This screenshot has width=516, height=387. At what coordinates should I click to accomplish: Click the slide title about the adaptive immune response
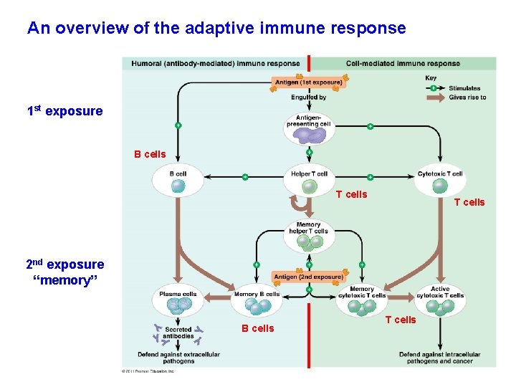[x=216, y=29]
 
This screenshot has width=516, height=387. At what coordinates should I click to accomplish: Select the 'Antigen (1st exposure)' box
[x=309, y=82]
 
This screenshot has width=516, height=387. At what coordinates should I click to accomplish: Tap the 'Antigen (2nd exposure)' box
[x=308, y=277]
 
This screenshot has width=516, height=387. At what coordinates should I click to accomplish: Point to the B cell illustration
[x=178, y=186]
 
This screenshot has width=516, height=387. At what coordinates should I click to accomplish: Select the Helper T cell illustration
[x=309, y=186]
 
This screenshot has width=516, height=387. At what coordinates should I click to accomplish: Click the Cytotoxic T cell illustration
[x=440, y=186]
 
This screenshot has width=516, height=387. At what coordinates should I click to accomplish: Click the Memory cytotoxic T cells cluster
[x=362, y=307]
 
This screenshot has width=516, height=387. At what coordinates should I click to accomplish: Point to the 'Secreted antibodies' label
[x=178, y=333]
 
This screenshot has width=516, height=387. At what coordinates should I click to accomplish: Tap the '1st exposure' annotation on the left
[x=64, y=112]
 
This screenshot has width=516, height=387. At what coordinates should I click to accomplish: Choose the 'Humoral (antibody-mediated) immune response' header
[x=215, y=64]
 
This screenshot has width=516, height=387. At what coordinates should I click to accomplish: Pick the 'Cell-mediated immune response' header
[x=403, y=64]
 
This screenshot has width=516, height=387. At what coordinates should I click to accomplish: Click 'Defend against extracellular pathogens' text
[x=179, y=358]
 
